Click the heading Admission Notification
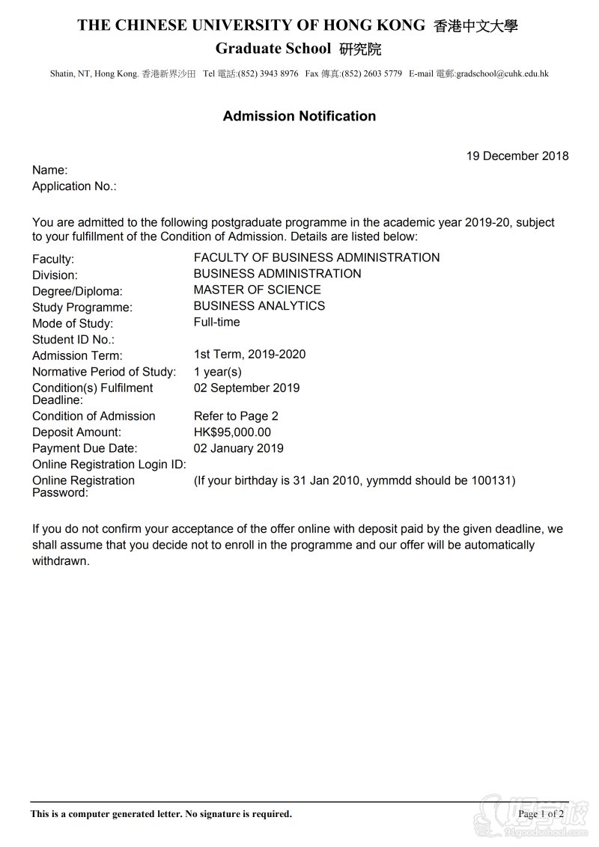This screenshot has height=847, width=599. point(299,116)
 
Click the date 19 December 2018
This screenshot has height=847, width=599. point(517,156)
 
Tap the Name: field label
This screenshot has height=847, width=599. point(49,171)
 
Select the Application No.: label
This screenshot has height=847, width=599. point(74,186)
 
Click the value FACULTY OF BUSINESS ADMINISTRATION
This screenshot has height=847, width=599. point(317,257)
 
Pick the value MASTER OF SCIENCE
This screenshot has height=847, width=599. point(257,290)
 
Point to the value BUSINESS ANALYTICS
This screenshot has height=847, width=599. point(259,306)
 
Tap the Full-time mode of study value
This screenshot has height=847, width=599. point(216,322)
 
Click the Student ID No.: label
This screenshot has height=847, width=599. point(73,340)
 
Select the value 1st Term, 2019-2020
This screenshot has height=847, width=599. point(249,355)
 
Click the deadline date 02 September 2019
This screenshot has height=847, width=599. point(246,388)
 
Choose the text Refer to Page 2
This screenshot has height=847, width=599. point(236,416)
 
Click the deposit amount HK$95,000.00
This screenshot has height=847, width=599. point(232,432)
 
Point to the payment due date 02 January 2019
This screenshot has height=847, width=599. point(238,449)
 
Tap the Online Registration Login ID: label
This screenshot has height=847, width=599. point(109,465)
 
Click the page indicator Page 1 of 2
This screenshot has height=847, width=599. point(541,814)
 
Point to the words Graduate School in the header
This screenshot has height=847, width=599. point(273,49)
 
